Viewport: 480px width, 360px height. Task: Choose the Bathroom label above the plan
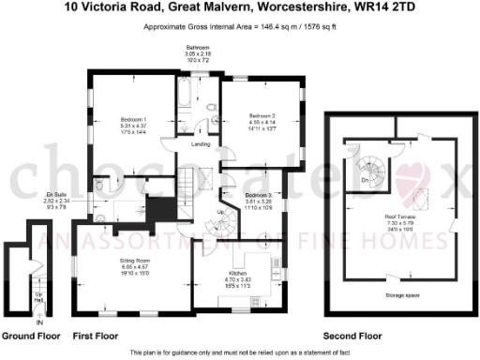point(197,46)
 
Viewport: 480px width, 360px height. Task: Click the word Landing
point(201,143)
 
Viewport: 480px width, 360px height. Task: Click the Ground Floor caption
point(32,335)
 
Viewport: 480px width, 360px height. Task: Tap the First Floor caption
point(95,335)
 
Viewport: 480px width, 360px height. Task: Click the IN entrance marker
point(39,322)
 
